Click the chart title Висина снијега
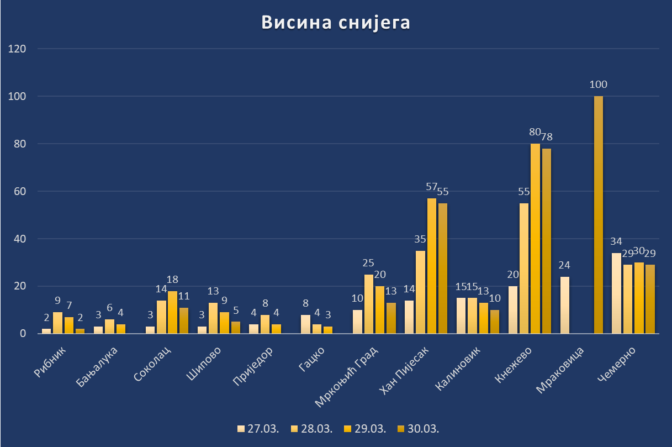click(x=336, y=23)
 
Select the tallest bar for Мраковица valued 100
click(x=599, y=215)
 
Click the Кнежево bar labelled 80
click(x=535, y=239)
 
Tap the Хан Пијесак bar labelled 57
click(x=431, y=266)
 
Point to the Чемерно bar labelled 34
click(x=616, y=293)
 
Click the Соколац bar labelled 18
click(x=172, y=312)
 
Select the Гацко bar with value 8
click(x=305, y=324)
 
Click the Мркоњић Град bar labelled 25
click(x=368, y=304)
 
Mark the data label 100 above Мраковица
click(x=599, y=85)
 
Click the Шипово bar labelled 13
click(x=213, y=318)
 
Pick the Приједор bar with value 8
click(x=264, y=324)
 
